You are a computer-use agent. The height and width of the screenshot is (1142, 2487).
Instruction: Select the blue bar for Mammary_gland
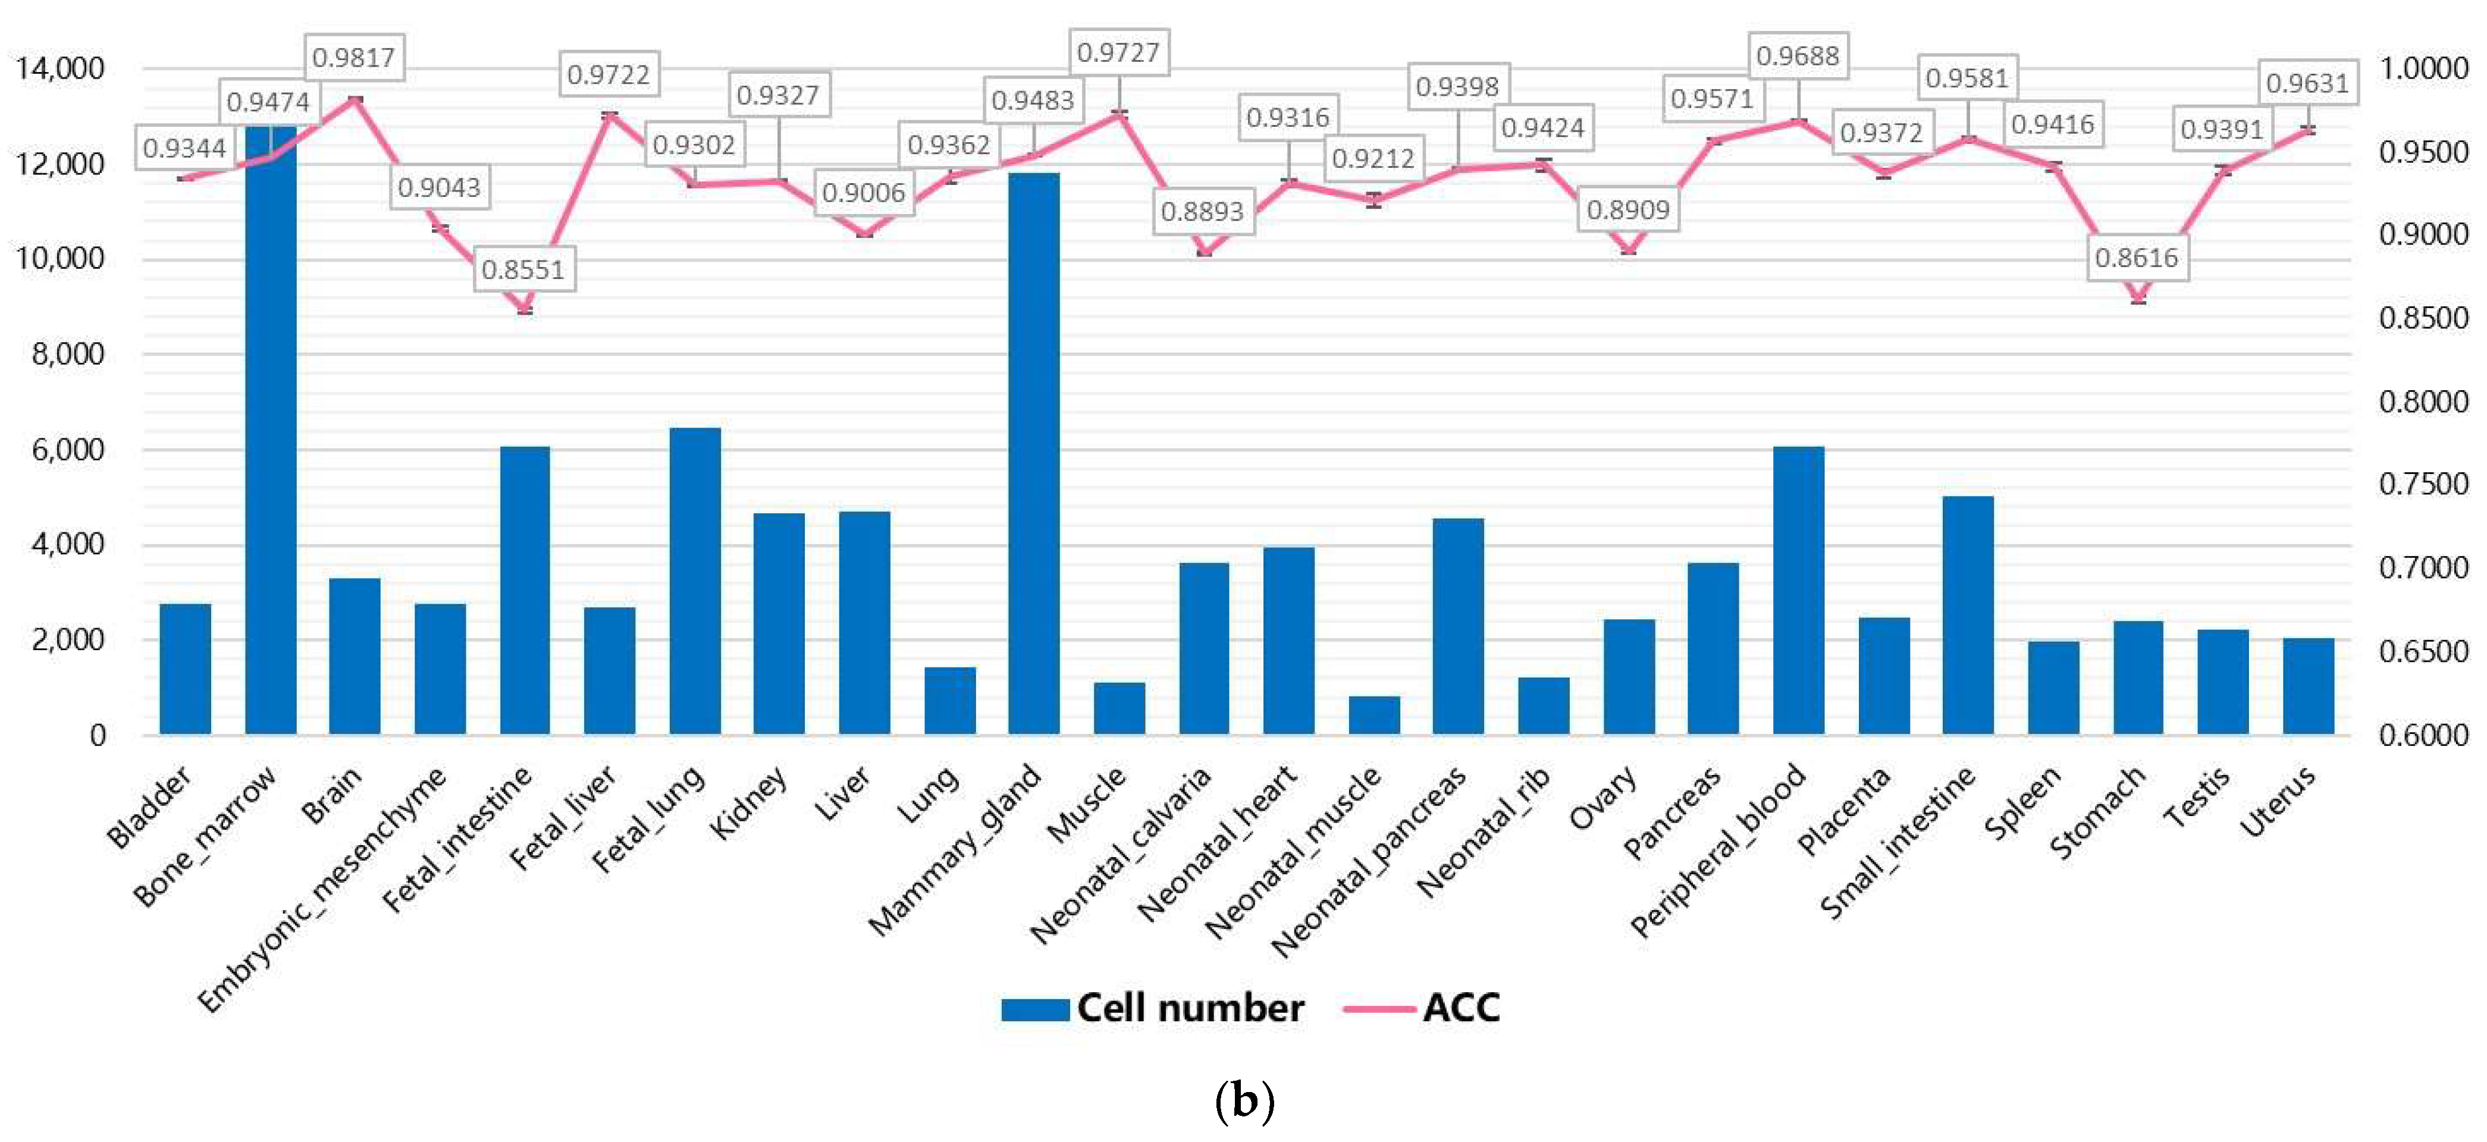1033,454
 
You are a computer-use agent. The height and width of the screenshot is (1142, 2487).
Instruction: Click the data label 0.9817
353,58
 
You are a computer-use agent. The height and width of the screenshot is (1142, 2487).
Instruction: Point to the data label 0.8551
522,269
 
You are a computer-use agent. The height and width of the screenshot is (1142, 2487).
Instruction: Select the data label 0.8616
2137,258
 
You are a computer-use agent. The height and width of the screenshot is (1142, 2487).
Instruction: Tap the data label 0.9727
1118,52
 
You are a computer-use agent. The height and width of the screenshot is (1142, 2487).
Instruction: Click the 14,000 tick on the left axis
60,68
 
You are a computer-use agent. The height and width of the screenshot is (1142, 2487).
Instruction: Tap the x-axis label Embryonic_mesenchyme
324,888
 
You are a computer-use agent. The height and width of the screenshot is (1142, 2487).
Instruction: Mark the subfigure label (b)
1243,1100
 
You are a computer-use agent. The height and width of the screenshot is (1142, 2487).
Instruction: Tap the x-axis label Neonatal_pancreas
1369,861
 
